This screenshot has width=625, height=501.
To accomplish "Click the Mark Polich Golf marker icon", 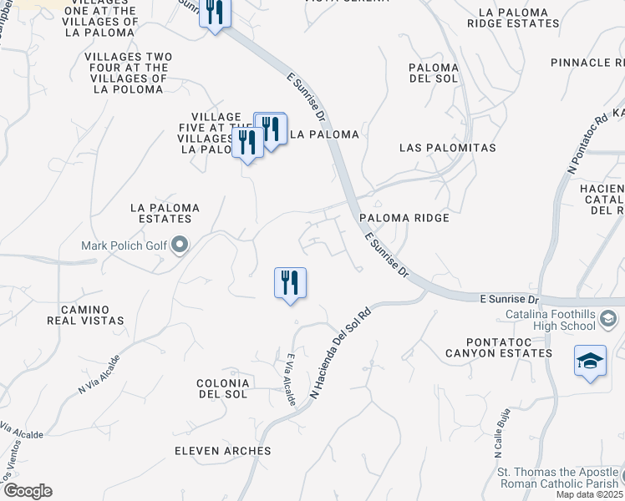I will (x=180, y=245).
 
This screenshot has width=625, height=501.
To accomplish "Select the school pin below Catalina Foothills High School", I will (x=590, y=362).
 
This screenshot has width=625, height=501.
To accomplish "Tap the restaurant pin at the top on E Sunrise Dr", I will (x=215, y=13).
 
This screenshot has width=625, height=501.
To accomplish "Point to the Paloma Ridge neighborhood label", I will (x=404, y=218).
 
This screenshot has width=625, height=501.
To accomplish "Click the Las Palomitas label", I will (x=448, y=148).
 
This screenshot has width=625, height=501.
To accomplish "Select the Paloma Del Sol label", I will (x=434, y=73).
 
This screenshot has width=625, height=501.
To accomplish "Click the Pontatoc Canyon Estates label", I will (x=498, y=347).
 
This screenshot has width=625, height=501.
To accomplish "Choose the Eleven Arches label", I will (x=223, y=451).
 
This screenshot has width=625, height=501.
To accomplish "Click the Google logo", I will (x=28, y=491).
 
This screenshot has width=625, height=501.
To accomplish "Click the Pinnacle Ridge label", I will (x=587, y=63).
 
